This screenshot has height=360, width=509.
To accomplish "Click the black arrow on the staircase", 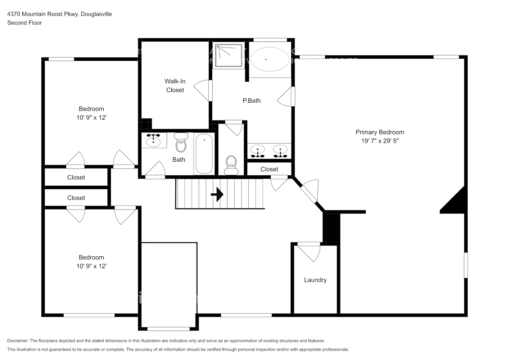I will (x=217, y=195).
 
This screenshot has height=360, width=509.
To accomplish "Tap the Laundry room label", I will (x=315, y=280).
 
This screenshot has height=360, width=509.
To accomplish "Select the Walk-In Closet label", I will (x=175, y=86).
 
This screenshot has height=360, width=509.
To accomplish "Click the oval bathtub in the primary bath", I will (x=269, y=59).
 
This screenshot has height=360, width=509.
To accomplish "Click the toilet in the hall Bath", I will (x=181, y=143).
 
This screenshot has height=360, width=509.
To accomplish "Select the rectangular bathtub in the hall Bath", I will (x=204, y=153).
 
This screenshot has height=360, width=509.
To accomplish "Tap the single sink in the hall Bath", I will (x=154, y=140).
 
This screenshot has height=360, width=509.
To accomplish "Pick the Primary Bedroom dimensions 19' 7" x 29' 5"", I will (x=380, y=141).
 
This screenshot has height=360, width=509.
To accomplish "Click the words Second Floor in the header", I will (x=24, y=23).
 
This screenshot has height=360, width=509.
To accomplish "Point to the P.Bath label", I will (x=252, y=101).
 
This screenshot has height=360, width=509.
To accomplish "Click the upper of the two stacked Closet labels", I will (x=76, y=177).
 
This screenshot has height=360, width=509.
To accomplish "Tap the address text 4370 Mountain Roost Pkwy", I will (x=43, y=14).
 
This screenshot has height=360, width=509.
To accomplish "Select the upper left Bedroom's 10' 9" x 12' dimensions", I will (x=91, y=118).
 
